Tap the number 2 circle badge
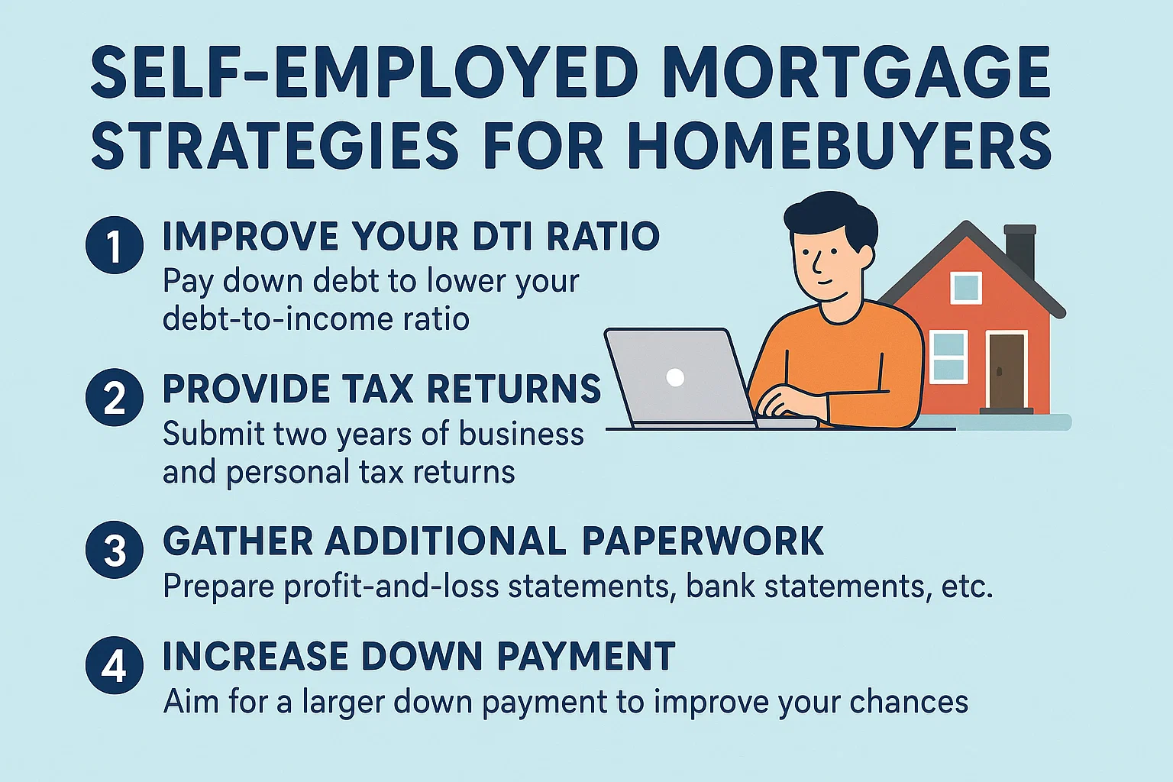(x=115, y=397)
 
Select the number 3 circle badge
(x=115, y=550)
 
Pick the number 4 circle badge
(x=115, y=664)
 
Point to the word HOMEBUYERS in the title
(x=839, y=145)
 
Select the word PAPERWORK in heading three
(x=703, y=541)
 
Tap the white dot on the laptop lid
(x=675, y=377)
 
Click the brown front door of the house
(x=1007, y=371)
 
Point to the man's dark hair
(x=829, y=218)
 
